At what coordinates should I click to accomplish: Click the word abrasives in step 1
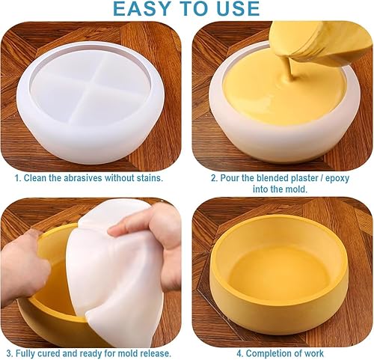click(83, 178)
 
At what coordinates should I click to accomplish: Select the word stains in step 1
click(150, 178)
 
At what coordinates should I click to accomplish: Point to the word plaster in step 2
click(301, 178)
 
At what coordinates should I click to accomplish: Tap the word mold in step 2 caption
click(297, 189)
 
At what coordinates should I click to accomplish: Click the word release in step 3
click(156, 353)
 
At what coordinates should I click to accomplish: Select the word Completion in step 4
click(269, 353)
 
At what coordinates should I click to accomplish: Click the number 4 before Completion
click(239, 353)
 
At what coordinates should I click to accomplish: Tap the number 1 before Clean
click(17, 178)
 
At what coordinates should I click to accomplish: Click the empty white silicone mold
click(91, 103)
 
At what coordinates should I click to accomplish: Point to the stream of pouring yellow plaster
click(290, 67)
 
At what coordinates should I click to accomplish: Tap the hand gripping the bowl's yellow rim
click(24, 267)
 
